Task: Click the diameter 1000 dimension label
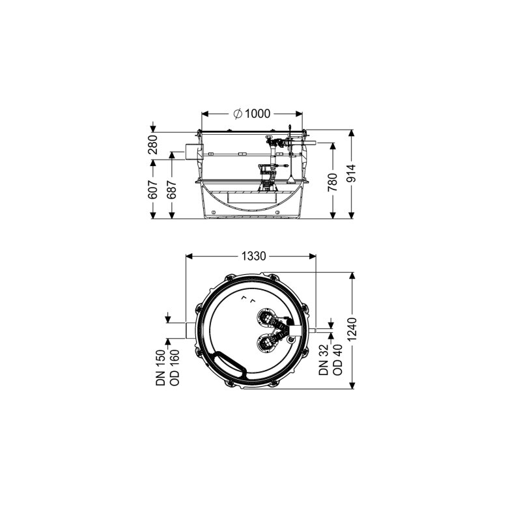click(252, 114)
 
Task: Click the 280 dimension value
click(153, 145)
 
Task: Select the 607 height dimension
click(153, 190)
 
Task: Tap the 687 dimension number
click(172, 190)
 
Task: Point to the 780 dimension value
click(333, 182)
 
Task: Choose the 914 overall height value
click(352, 173)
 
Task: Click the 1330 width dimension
click(253, 256)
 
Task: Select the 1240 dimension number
click(352, 329)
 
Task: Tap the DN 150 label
click(160, 367)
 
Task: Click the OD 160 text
click(175, 367)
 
